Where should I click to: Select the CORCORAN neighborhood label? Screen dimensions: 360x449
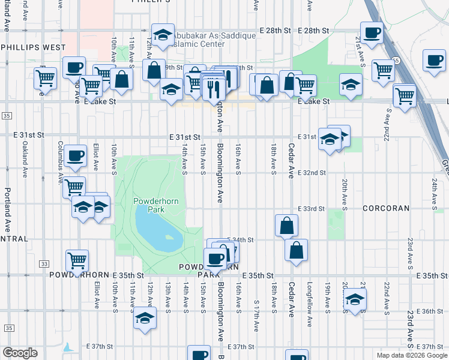(x=386, y=208)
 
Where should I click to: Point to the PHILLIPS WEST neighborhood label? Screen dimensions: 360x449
(x=33, y=47)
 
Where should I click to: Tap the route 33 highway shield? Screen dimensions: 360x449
(x=44, y=263)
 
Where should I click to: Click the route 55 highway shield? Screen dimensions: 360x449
(x=397, y=60)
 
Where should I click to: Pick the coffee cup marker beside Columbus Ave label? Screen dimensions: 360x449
(x=76, y=155)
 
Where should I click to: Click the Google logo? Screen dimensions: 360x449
(x=20, y=352)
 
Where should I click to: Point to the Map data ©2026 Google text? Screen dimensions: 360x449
(x=411, y=355)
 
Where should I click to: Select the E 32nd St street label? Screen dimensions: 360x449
(x=311, y=173)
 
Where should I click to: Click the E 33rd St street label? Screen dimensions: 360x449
(x=311, y=209)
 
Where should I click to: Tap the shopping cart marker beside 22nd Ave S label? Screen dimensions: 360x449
(x=405, y=94)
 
